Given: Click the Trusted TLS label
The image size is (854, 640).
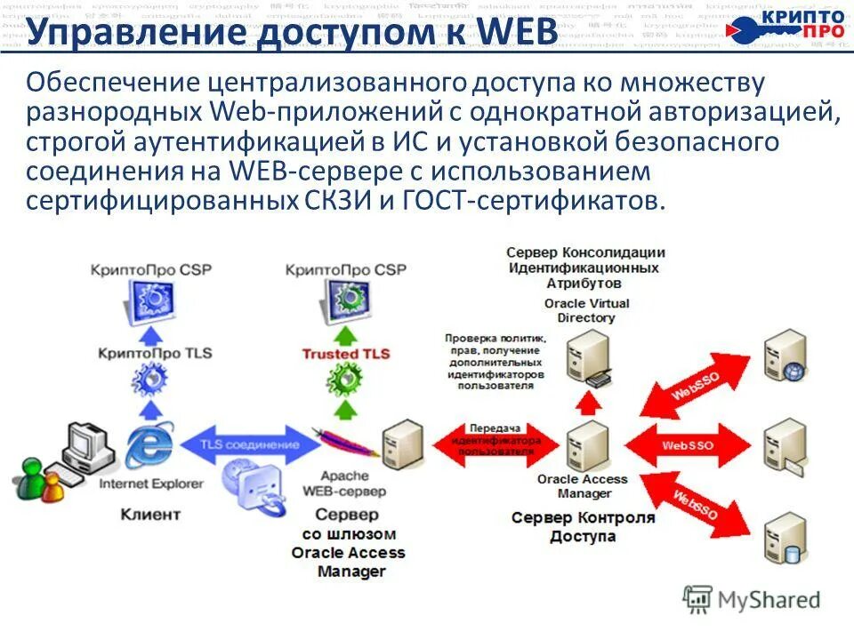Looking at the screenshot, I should tap(346, 354).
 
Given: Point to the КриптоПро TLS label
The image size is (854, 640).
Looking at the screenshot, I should tap(156, 353).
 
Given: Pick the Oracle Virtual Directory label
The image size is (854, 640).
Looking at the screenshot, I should tap(586, 310).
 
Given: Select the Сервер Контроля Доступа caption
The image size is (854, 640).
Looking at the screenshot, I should tap(583, 527).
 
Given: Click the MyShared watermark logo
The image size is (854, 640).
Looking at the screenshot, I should tap(752, 599).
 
